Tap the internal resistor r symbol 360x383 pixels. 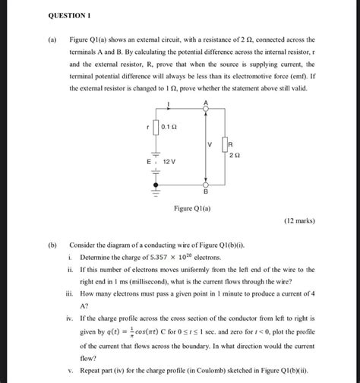156,128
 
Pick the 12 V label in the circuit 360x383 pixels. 168,163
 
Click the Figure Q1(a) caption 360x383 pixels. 192,207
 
